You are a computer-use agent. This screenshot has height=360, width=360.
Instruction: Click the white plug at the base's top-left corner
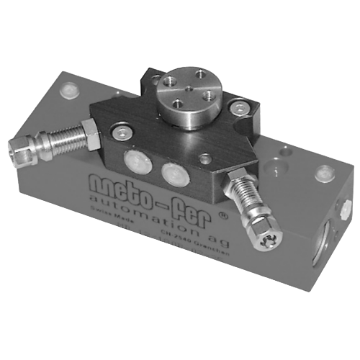pyautogui.click(x=68, y=92)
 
